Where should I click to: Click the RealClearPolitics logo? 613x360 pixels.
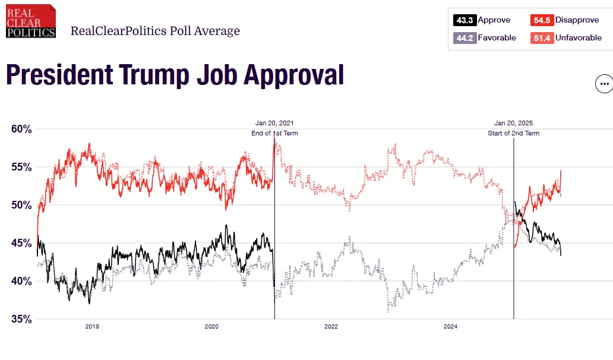(x=31, y=21)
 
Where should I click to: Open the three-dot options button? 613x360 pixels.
(x=604, y=84)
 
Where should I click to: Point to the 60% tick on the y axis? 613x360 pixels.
(x=22, y=129)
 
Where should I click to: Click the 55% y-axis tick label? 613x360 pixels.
(x=22, y=167)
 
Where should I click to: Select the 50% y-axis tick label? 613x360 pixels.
(x=22, y=205)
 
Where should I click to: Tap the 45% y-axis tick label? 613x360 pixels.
(x=22, y=243)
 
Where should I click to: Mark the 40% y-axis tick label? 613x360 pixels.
(x=22, y=281)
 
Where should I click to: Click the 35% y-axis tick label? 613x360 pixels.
(x=22, y=319)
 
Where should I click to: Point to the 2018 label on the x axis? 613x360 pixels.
(x=92, y=326)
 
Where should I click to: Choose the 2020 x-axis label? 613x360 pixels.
(x=211, y=326)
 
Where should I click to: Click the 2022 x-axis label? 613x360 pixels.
(x=331, y=326)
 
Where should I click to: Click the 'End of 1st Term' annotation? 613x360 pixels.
(x=274, y=133)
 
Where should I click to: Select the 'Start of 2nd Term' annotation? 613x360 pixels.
(x=513, y=133)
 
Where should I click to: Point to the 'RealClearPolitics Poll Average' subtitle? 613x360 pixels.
(x=155, y=31)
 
